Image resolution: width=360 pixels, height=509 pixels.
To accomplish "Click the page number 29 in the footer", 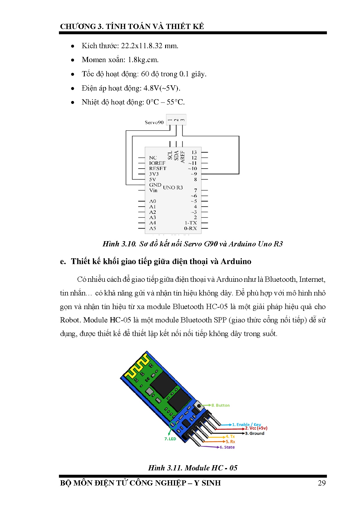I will point(322,483).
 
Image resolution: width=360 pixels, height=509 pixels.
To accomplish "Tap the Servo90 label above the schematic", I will point(154,122).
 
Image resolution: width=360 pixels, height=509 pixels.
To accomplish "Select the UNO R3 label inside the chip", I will point(173,188).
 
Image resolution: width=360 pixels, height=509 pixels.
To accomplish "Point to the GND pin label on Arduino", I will point(155,185).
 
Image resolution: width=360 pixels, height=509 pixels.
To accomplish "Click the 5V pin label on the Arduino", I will point(152,179).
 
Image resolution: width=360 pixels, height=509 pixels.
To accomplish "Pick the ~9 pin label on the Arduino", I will point(194,174).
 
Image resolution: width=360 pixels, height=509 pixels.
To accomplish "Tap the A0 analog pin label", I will point(152,201).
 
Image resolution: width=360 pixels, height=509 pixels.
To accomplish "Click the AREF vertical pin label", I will point(182,156).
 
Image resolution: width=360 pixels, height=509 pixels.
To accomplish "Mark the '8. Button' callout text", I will point(220,405).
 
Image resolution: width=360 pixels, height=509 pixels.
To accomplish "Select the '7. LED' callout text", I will point(170,439).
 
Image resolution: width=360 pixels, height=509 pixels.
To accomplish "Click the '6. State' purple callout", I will point(227,447).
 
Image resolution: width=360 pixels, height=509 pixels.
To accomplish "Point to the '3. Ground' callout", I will point(255,433).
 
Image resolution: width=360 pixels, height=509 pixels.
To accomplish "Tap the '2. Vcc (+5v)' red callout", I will point(256,428).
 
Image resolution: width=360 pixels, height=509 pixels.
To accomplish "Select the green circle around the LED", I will point(173,425).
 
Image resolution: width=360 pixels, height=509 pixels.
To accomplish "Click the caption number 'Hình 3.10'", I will point(119,244).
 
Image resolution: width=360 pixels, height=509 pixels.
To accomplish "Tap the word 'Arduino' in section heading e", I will point(236,261).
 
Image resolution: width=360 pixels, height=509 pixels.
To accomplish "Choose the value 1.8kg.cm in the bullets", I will point(143,60).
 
